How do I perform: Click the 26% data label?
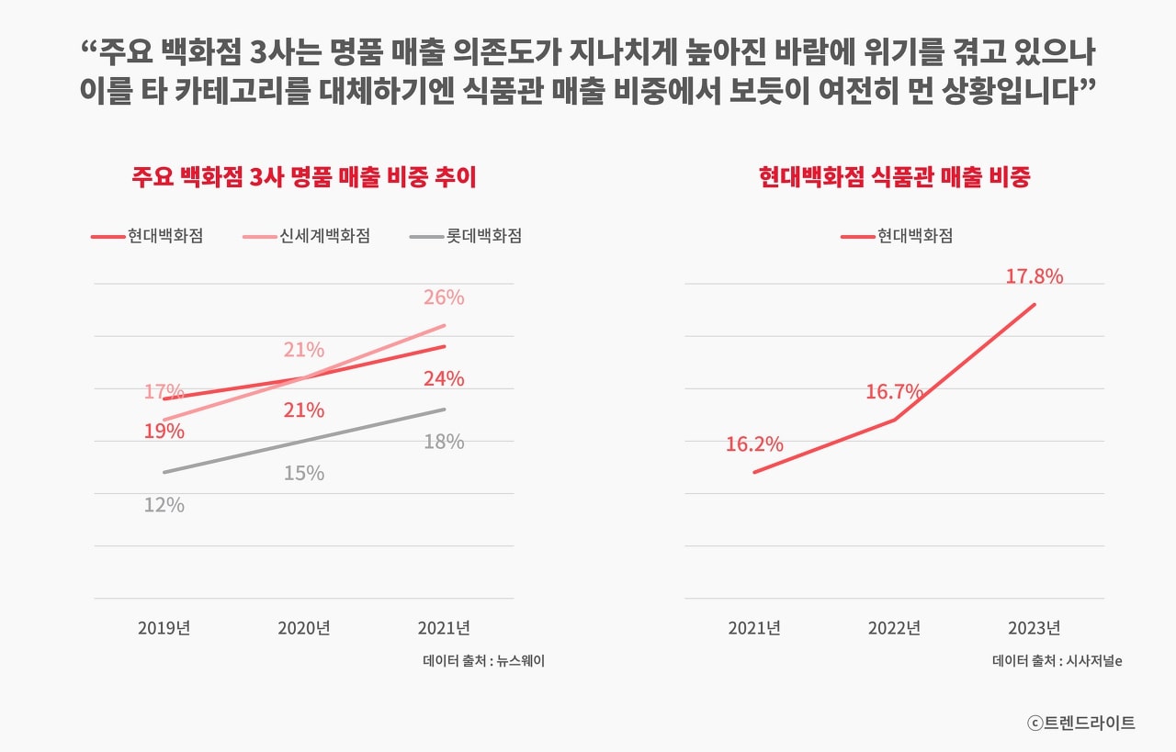[444, 297]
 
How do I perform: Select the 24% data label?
[444, 378]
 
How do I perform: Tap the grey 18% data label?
[444, 442]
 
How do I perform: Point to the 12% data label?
[164, 505]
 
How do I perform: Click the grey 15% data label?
[304, 473]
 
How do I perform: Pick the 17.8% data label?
[1034, 276]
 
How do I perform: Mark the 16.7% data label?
[894, 392]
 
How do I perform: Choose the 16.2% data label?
[754, 444]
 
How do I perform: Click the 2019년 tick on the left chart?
[164, 628]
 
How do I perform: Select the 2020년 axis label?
[304, 628]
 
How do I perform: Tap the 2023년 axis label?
[1034, 628]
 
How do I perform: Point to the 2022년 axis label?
[894, 628]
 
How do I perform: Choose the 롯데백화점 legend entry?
[467, 236]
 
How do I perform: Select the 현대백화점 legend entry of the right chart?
[898, 236]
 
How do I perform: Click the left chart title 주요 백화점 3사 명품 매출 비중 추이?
[304, 177]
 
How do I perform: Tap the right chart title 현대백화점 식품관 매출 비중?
[894, 177]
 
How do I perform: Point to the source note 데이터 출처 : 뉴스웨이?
[483, 660]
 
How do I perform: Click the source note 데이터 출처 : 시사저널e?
[1057, 660]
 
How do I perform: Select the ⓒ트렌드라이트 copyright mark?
[1081, 723]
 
